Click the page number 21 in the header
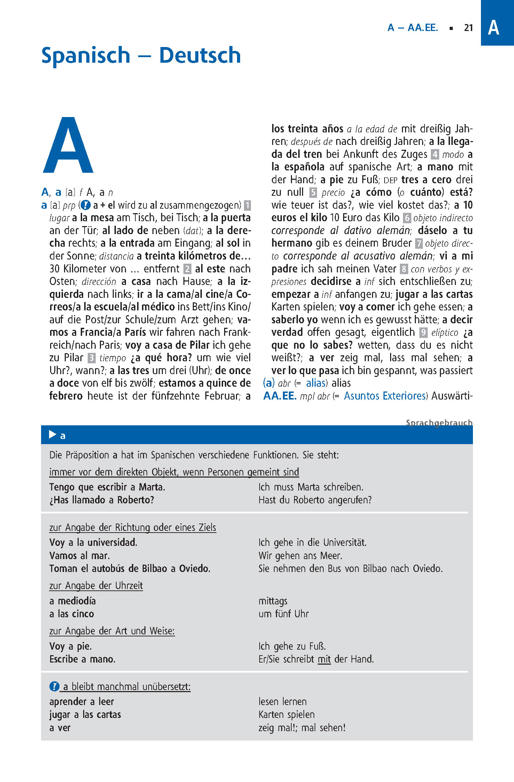[x=468, y=28]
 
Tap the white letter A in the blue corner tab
[x=493, y=28]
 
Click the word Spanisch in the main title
[x=86, y=55]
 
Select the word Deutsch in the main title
[x=200, y=55]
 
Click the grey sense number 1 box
[x=247, y=205]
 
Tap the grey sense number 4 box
[x=435, y=154]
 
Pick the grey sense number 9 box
[x=423, y=332]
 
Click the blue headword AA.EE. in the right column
[x=280, y=396]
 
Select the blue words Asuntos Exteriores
[x=385, y=396]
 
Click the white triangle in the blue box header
[x=53, y=434]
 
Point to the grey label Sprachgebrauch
[x=439, y=423]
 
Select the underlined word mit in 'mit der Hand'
[x=324, y=659]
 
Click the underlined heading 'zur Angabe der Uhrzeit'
[x=96, y=586]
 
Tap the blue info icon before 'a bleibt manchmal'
[x=54, y=687]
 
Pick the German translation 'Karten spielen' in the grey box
[x=286, y=715]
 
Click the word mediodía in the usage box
[x=77, y=601]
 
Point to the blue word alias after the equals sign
[x=316, y=383]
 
